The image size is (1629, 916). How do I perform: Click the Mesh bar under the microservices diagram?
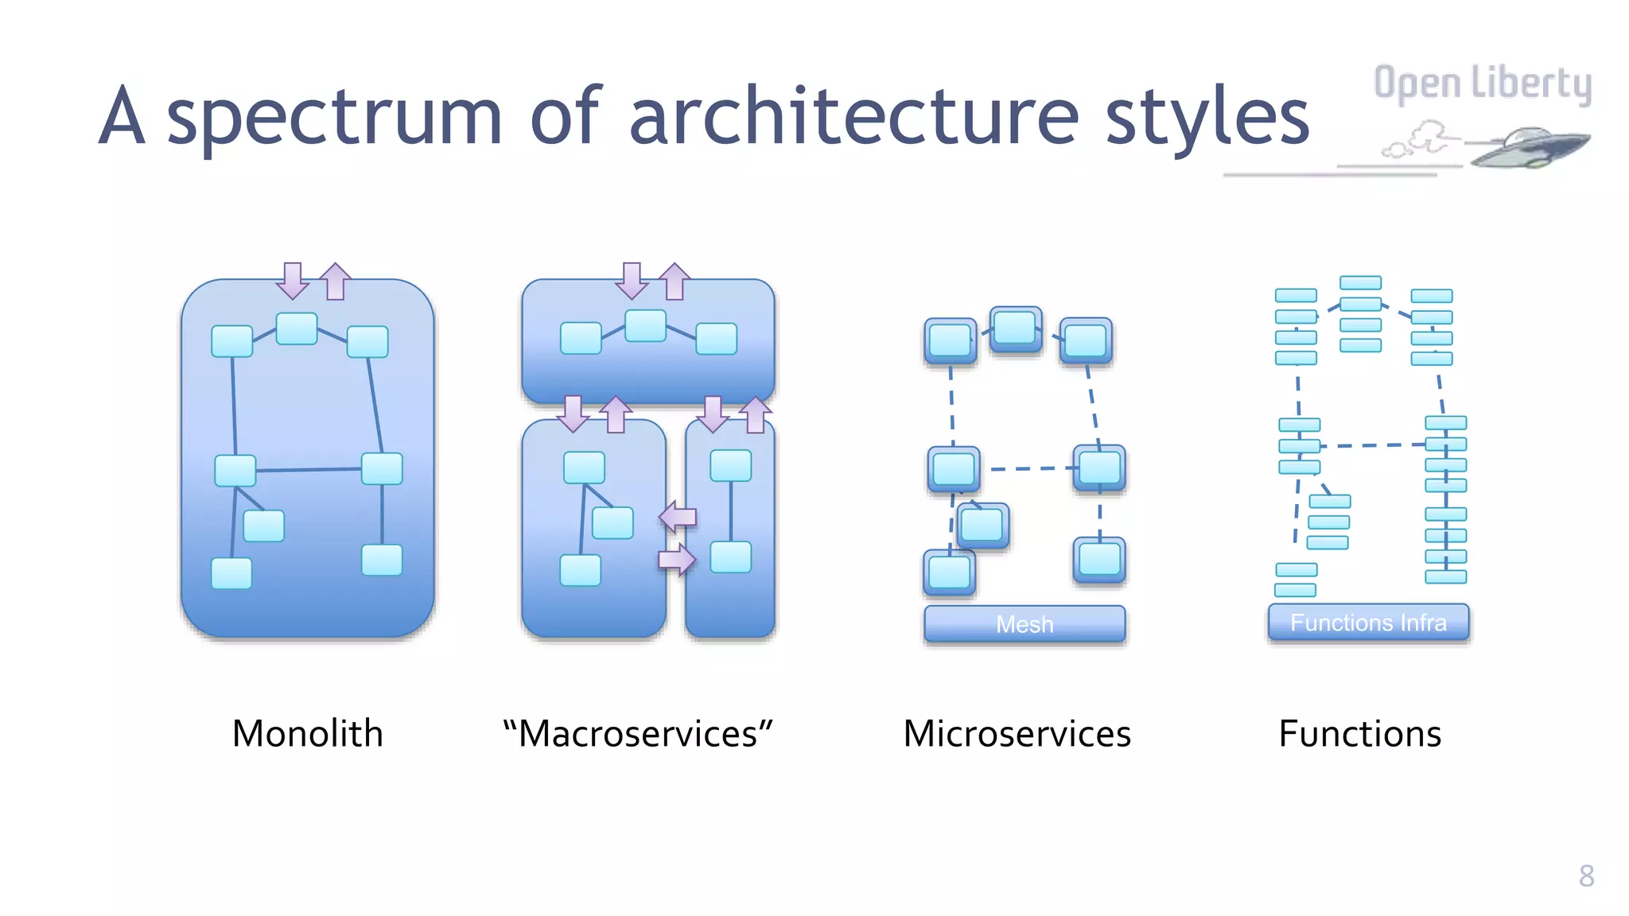point(1024,624)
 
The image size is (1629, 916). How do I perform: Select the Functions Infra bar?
point(1368,623)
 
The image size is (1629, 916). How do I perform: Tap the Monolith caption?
point(308,733)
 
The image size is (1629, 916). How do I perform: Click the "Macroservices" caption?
point(638,733)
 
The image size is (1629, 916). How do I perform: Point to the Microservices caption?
point(1017,733)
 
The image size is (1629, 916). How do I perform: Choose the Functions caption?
point(1359,733)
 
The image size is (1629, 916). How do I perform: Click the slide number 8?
point(1586,875)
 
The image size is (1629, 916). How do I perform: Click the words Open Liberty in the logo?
point(1482,83)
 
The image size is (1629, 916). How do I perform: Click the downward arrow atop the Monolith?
point(293,280)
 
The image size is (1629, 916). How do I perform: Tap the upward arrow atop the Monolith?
point(336,281)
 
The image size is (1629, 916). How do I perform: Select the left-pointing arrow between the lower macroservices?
point(678,517)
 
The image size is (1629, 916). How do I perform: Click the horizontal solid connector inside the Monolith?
point(309,470)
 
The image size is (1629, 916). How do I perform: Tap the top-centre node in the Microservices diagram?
point(1016,328)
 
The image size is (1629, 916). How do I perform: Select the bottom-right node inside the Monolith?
point(382,560)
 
